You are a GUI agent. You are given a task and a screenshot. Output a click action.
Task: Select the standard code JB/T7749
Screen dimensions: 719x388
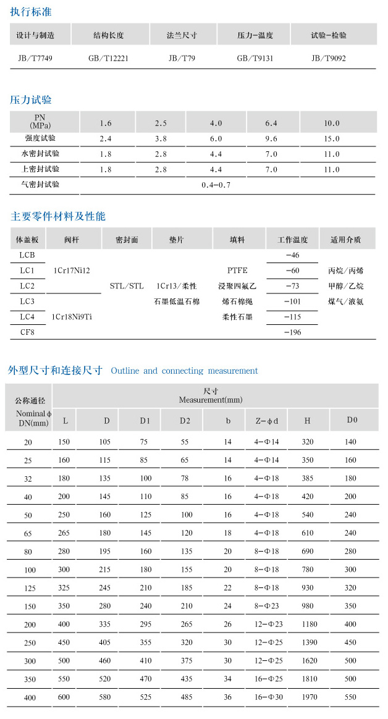tap(35, 59)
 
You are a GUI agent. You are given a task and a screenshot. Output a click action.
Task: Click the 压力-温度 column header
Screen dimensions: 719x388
tap(255, 35)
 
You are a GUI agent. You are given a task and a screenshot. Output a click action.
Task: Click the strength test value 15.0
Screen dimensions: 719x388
tap(332, 138)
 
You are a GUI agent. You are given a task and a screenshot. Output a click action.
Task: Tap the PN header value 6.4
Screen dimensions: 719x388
tap(271, 123)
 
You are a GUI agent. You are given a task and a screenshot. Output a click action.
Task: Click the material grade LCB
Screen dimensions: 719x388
tap(27, 254)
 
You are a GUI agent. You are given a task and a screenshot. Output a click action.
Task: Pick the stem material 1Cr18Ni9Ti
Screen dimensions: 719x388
tap(71, 317)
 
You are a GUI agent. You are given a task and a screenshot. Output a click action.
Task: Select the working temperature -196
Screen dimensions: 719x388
tap(291, 332)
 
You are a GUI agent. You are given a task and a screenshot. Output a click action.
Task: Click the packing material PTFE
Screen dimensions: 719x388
tap(237, 271)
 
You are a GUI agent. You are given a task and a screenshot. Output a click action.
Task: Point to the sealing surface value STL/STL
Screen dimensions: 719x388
tap(126, 286)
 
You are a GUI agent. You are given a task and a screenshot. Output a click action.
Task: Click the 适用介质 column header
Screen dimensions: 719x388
tap(346, 239)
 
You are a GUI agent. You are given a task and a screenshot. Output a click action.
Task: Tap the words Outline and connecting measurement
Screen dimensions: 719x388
tap(184, 371)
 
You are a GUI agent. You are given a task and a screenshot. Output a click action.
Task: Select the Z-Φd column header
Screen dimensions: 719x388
tap(266, 421)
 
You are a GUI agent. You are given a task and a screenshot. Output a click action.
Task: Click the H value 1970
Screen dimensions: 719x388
tap(308, 697)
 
